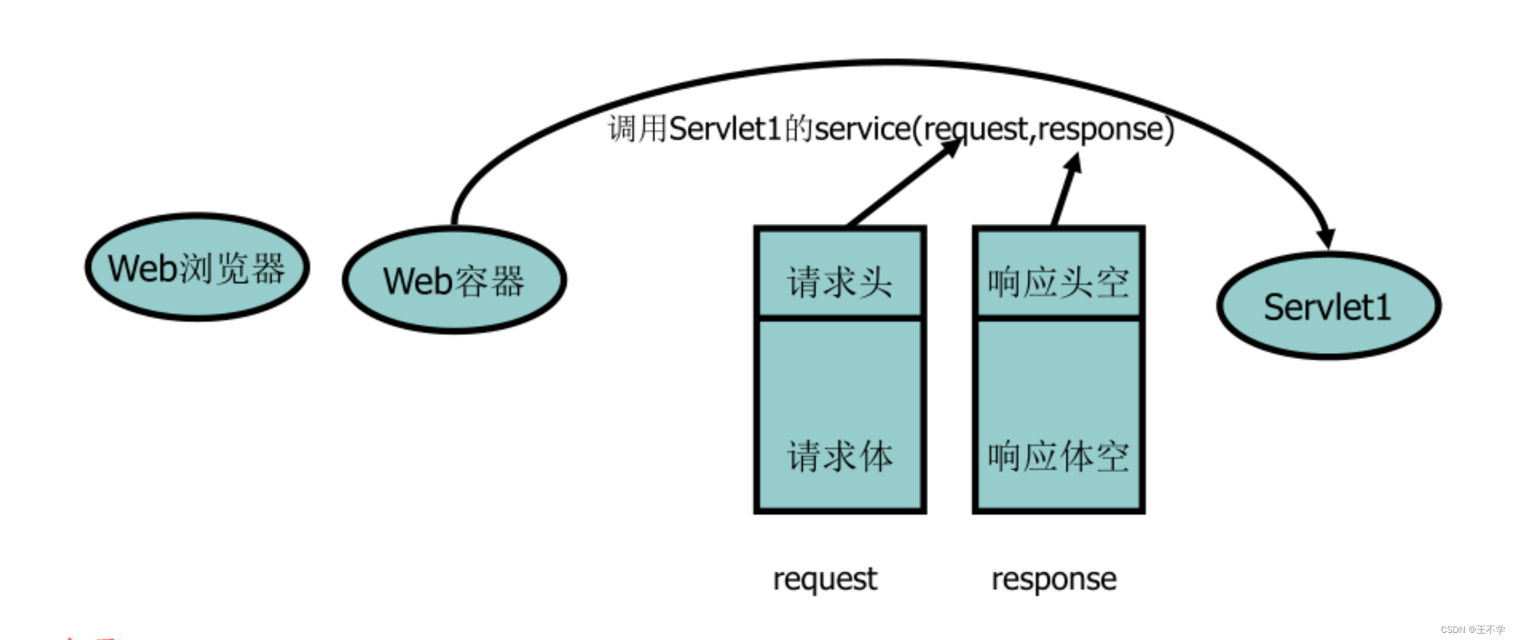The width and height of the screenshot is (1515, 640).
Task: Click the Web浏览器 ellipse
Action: [x=197, y=267]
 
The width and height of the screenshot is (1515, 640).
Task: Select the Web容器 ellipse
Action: [x=454, y=280]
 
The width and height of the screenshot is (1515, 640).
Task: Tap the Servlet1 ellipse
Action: [x=1328, y=306]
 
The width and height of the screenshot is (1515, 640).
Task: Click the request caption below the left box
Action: [x=824, y=579]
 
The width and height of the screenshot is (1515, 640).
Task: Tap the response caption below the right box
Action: [x=1054, y=579]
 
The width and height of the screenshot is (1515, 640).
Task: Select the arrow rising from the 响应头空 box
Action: [x=1066, y=190]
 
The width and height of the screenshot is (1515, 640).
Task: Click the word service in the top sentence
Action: [x=862, y=129]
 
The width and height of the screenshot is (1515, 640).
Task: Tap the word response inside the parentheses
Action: [x=1101, y=129]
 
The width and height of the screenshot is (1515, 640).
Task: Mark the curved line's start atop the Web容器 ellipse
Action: [x=454, y=222]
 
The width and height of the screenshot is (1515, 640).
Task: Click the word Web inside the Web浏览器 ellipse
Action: [x=142, y=268]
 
